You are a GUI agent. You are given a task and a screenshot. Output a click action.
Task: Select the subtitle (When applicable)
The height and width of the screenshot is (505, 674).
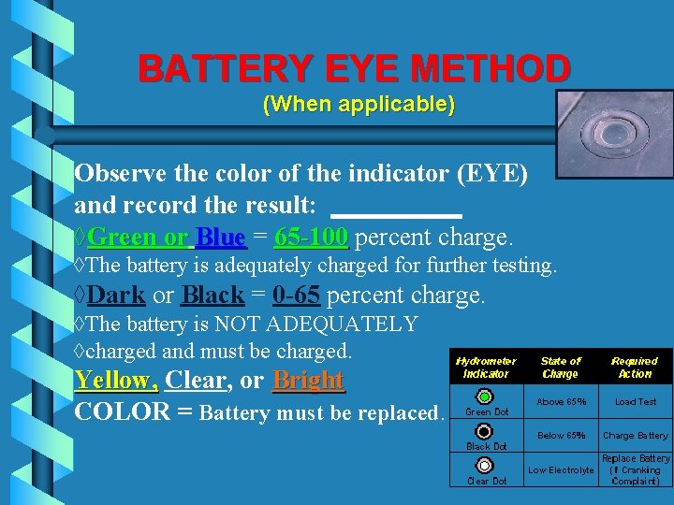click(359, 103)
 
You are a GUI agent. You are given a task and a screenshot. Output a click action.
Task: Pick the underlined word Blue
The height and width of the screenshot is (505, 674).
click(221, 237)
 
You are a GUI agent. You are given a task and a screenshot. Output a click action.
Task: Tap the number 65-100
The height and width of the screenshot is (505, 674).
click(311, 237)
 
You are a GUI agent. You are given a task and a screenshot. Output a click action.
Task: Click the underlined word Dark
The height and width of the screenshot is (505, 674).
click(116, 296)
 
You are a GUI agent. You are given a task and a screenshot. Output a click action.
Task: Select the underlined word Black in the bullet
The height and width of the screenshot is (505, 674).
click(212, 296)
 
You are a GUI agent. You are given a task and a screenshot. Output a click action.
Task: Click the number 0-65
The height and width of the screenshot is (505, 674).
click(297, 296)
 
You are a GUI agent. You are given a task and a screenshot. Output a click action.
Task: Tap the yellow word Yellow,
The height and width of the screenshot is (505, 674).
click(116, 381)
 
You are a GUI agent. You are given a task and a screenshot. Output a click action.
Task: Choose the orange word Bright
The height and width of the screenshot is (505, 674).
click(309, 381)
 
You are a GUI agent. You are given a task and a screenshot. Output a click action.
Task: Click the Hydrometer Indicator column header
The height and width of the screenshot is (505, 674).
click(486, 368)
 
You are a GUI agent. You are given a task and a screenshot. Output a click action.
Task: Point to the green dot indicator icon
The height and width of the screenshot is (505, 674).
click(484, 397)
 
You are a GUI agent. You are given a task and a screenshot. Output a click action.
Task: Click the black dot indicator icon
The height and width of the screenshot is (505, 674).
click(484, 431)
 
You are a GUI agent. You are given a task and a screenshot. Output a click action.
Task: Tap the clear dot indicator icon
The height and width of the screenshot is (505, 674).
click(484, 466)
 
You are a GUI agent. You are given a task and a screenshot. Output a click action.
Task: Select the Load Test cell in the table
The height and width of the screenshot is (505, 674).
click(635, 402)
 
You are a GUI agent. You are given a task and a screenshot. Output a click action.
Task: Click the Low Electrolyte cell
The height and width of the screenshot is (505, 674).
click(561, 469)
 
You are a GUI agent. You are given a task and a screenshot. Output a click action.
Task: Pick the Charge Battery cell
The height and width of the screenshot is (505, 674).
click(635, 436)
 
